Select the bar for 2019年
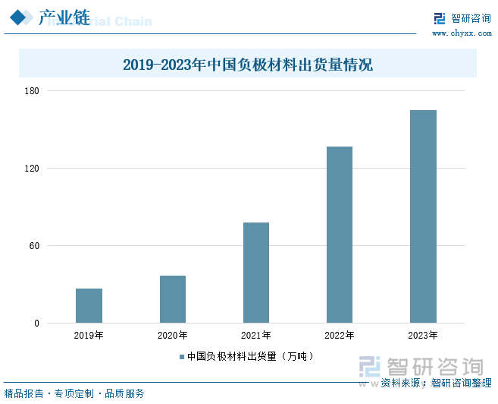click(89, 305)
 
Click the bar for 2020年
click(173, 299)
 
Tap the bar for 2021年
click(256, 273)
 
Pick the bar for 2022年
click(340, 235)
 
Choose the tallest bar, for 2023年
click(423, 216)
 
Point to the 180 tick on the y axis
click(33, 91)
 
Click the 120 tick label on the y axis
click(33, 169)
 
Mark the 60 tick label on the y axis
click(35, 246)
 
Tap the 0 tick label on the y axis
click(37, 324)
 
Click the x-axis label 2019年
click(89, 336)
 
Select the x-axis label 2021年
click(256, 336)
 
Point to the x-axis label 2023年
click(423, 336)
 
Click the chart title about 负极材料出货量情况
click(248, 65)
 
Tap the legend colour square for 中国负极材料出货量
click(182, 356)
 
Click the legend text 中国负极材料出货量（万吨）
click(250, 356)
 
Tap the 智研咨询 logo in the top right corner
click(462, 19)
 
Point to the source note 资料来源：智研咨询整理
click(437, 383)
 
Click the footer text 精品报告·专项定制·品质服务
click(74, 393)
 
